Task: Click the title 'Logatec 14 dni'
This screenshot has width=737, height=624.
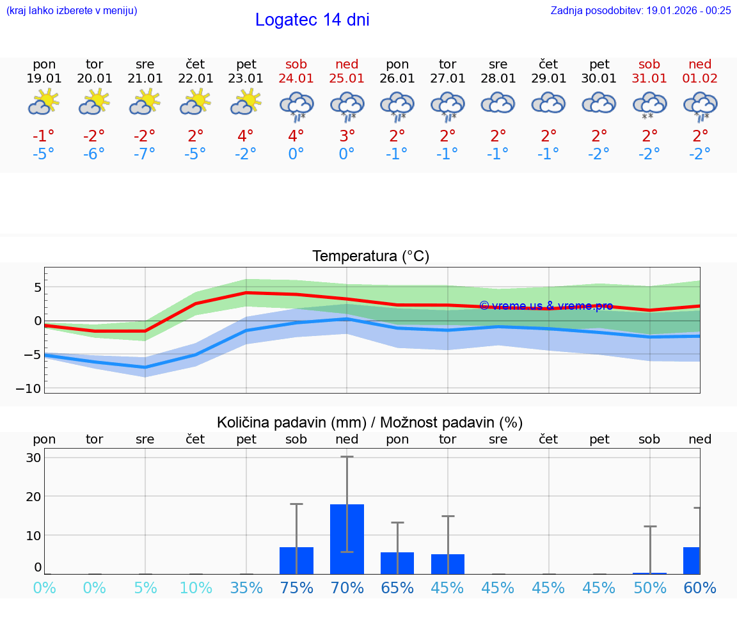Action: (x=312, y=20)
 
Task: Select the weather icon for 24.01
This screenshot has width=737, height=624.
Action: (x=296, y=106)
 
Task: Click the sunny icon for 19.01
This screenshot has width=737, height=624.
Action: (x=44, y=102)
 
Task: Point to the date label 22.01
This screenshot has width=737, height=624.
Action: (x=196, y=79)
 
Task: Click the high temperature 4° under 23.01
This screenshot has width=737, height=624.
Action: (x=246, y=136)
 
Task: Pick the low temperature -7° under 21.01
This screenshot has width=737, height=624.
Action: (x=145, y=154)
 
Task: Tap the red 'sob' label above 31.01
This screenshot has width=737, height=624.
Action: (x=649, y=64)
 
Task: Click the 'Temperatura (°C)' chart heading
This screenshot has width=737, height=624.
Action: (x=370, y=257)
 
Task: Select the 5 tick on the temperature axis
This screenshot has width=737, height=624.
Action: (x=38, y=287)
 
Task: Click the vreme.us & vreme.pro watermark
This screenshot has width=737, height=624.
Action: (x=546, y=306)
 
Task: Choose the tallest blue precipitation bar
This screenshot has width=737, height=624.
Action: (x=347, y=539)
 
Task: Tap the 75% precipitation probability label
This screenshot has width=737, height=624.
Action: (x=296, y=588)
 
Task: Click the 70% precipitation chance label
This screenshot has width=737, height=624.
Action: (x=347, y=588)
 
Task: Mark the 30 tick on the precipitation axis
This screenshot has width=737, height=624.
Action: (x=34, y=458)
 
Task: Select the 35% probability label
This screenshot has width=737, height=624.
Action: (x=246, y=588)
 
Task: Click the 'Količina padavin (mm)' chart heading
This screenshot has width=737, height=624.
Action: (x=291, y=422)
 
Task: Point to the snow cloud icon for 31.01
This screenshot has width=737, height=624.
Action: (x=649, y=106)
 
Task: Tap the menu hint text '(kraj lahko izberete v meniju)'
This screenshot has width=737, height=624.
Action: (x=72, y=10)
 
